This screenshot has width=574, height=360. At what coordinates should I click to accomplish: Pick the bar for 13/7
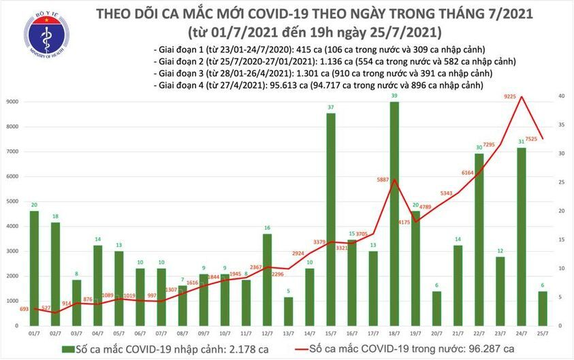288,312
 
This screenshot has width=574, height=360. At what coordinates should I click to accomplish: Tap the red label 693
25,310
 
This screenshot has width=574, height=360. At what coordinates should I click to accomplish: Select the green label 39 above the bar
394,96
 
